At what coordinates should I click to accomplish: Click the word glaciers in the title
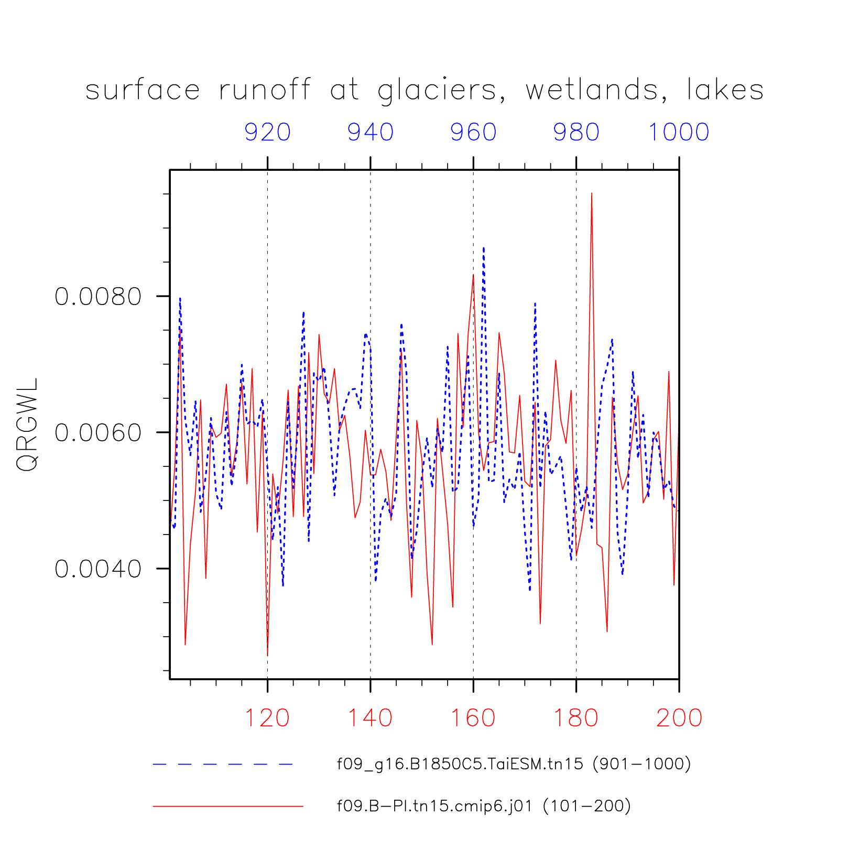click(437, 91)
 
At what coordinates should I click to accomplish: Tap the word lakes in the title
click(725, 90)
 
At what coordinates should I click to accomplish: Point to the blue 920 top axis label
click(267, 132)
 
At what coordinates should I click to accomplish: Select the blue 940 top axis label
click(371, 132)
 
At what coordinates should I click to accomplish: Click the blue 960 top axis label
click(473, 132)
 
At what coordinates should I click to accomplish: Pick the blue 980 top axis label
click(576, 132)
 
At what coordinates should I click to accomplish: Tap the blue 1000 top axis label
click(679, 132)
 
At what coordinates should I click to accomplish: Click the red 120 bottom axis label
click(267, 718)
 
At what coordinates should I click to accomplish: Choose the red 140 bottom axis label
click(371, 718)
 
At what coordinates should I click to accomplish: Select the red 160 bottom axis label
click(473, 718)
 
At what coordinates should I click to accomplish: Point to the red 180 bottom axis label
click(576, 718)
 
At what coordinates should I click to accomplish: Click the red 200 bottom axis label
click(679, 718)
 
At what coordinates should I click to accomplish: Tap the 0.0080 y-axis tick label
click(99, 297)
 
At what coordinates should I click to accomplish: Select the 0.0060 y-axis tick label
click(99, 433)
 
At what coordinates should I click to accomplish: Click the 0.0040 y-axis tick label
click(99, 569)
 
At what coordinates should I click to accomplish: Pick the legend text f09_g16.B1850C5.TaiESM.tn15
click(460, 764)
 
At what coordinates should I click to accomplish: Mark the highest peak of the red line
click(592, 193)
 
